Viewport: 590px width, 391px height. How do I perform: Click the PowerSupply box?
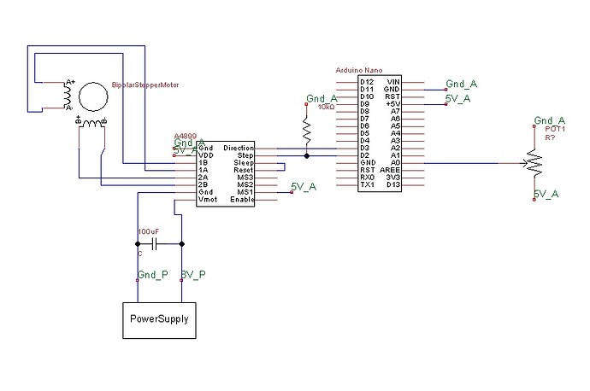point(158,319)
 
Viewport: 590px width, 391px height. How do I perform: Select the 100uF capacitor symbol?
point(155,244)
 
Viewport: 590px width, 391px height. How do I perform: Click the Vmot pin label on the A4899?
point(208,199)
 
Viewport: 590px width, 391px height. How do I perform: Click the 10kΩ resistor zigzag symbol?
point(306,128)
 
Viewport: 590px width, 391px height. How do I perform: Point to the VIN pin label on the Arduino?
point(393,80)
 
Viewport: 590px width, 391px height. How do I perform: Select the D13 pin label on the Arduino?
point(393,184)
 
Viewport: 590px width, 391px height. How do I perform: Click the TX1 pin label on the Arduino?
point(365,184)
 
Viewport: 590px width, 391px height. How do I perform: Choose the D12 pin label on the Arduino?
point(366,80)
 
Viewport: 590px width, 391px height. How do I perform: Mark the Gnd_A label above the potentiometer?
point(548,120)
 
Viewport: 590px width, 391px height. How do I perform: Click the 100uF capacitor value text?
point(147,231)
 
